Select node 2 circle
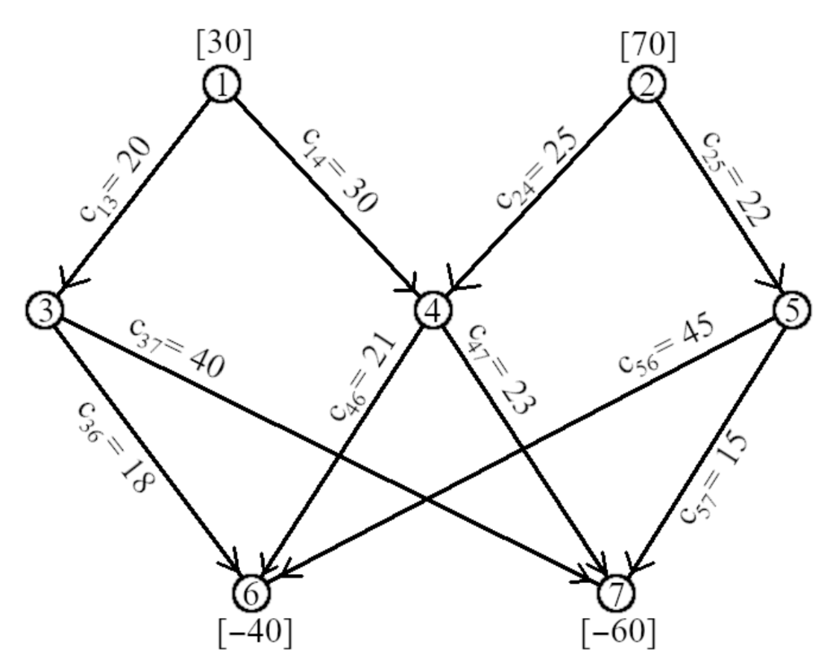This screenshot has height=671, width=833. (x=648, y=86)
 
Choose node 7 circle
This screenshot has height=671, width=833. (x=615, y=594)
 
